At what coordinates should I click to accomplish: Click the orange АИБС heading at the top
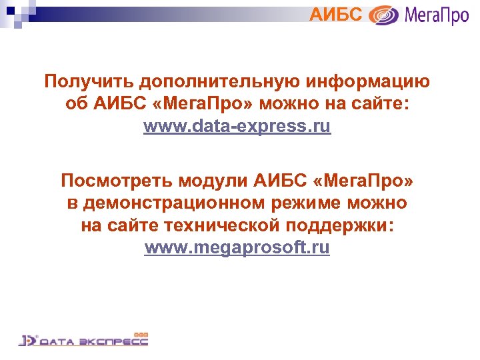click(x=337, y=13)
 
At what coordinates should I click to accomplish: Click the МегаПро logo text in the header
click(x=436, y=15)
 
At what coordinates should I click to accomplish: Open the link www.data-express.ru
click(x=237, y=127)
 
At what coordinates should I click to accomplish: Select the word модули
click(x=221, y=180)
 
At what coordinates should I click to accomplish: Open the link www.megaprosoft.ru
click(x=237, y=248)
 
